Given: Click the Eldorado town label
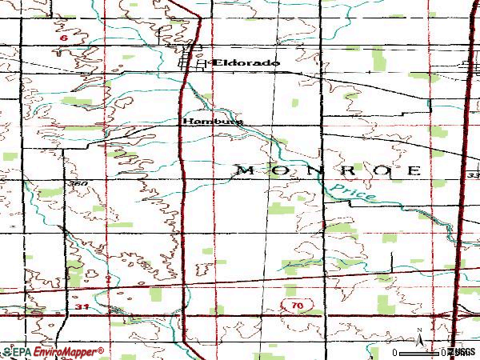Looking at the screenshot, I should coord(245,62).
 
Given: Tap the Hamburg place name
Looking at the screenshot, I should coord(211,122).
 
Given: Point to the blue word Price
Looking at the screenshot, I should coord(353,194).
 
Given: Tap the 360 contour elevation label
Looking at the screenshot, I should coord(78,184).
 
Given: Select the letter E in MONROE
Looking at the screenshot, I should coord(414,170).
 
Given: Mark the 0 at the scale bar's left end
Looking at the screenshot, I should coord(395,352).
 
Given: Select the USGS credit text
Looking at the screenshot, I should coord(462,352).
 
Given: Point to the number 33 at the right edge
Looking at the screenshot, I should coord(473,174).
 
